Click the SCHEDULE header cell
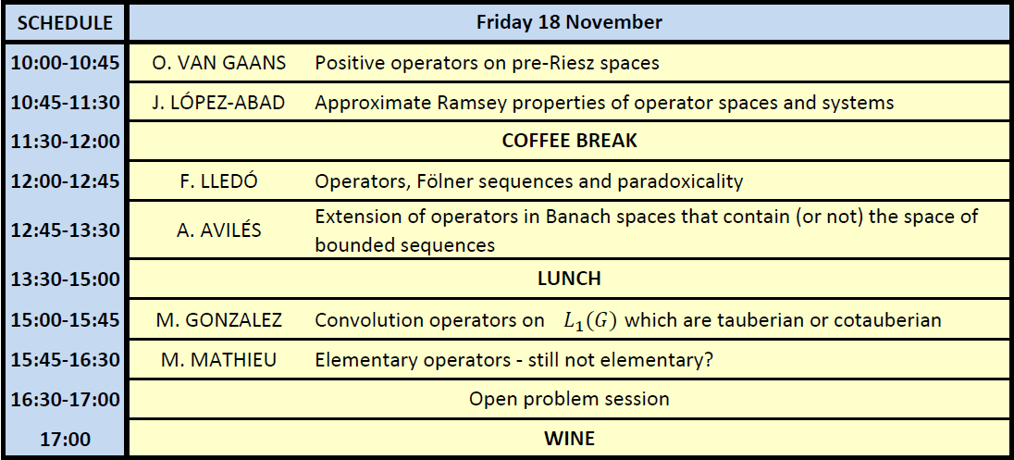point(65,22)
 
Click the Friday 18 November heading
point(569,22)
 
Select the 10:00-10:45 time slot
point(66,63)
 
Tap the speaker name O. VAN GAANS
point(219,63)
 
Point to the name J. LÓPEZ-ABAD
point(218,102)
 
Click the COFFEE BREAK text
point(569,141)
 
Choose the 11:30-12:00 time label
point(66,142)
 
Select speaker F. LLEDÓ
point(218,181)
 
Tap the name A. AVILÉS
point(218,230)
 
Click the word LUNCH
point(569,279)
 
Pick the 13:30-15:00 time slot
point(66,280)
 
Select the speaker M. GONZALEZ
point(218,320)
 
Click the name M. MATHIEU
point(218,360)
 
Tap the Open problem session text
point(569,399)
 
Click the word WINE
point(569,439)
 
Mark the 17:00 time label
point(66,440)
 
